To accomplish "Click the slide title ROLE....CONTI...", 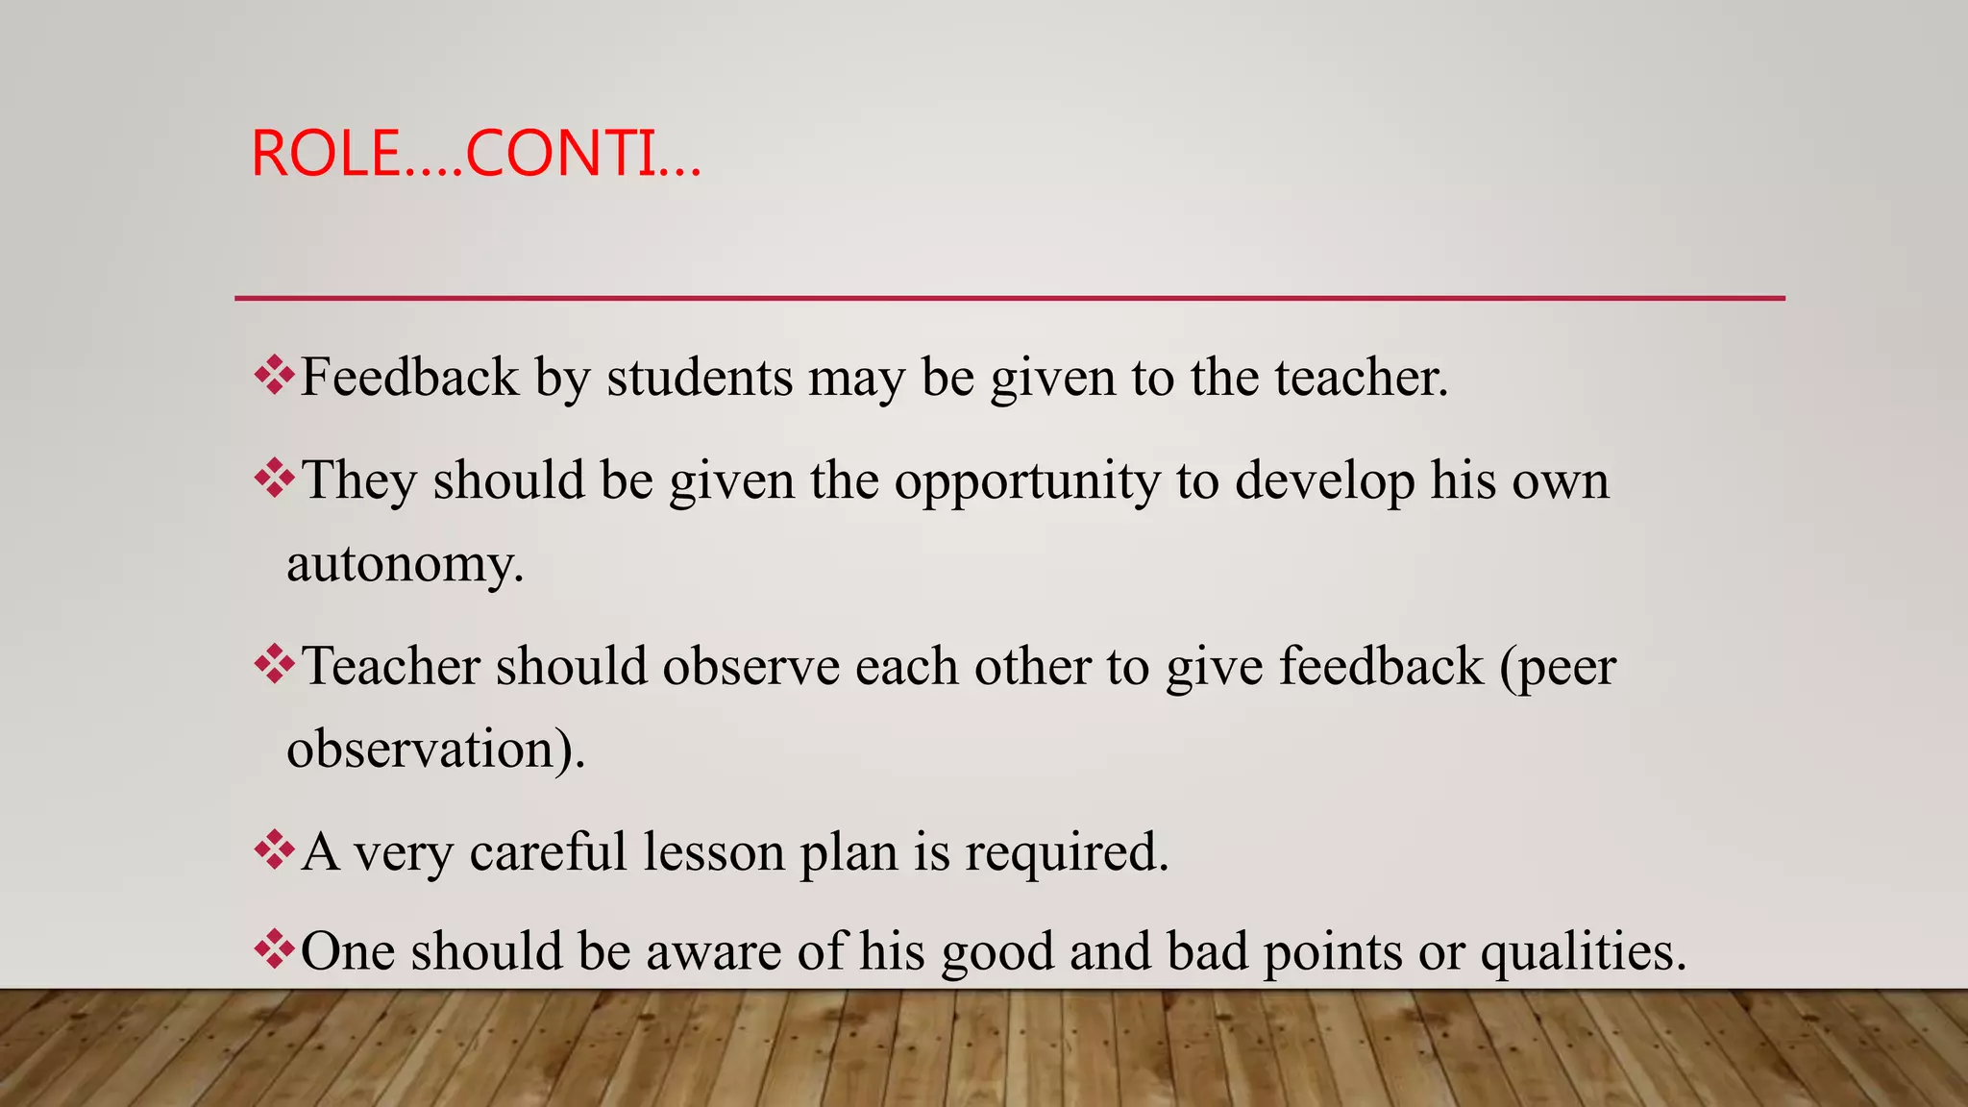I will tap(476, 154).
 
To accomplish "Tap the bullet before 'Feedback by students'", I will tap(274, 376).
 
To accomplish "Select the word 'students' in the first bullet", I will tap(700, 377).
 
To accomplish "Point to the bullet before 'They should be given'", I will tap(274, 479).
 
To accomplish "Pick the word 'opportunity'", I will tap(1027, 480).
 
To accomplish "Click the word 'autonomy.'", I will tap(406, 563).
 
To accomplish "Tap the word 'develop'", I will tap(1324, 480).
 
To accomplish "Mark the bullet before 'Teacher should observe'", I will tap(274, 664).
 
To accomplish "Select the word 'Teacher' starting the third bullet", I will tap(390, 666).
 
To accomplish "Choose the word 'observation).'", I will tap(435, 749).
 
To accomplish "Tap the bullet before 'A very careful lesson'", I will tap(274, 849).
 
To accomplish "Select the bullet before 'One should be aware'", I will tap(274, 949).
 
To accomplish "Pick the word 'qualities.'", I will tap(1583, 951).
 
